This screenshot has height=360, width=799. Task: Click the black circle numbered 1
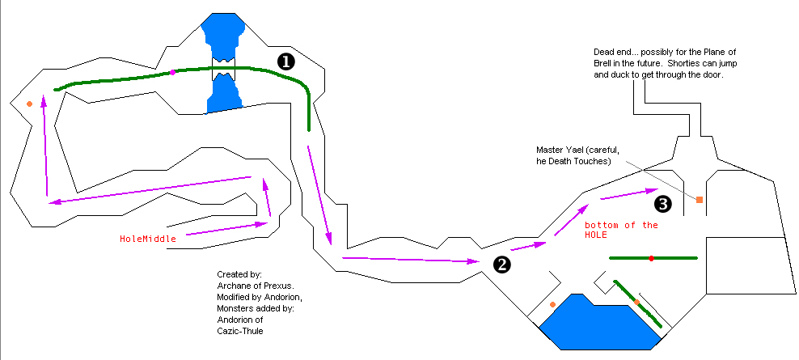pyautogui.click(x=285, y=61)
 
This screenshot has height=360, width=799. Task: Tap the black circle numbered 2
pyautogui.click(x=501, y=263)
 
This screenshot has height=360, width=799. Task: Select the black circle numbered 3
pyautogui.click(x=663, y=203)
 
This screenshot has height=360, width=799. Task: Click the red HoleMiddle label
pyautogui.click(x=148, y=239)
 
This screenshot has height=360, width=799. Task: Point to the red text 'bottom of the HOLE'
pyautogui.click(x=621, y=230)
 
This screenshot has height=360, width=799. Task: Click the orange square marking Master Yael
pyautogui.click(x=700, y=199)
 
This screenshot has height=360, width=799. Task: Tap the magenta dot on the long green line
pyautogui.click(x=172, y=73)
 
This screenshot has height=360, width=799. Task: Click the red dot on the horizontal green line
pyautogui.click(x=651, y=258)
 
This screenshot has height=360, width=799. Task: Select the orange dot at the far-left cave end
pyautogui.click(x=29, y=104)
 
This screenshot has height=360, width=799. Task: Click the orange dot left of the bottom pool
pyautogui.click(x=552, y=304)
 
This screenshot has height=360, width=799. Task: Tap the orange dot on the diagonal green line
pyautogui.click(x=637, y=303)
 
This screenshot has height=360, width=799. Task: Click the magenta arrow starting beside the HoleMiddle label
pyautogui.click(x=226, y=230)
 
